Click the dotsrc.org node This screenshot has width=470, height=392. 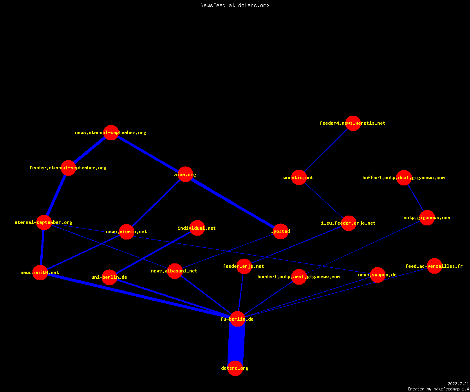pyautogui.click(x=235, y=368)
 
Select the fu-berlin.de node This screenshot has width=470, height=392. pyautogui.click(x=237, y=319)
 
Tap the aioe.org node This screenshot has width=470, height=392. pyautogui.click(x=185, y=174)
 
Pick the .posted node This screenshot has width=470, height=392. pyautogui.click(x=280, y=231)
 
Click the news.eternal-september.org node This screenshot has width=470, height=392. pyautogui.click(x=111, y=133)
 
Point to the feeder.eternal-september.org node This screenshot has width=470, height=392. pyautogui.click(x=68, y=168)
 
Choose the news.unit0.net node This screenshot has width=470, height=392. pyautogui.click(x=40, y=272)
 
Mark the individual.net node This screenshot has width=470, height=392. pyautogui.click(x=197, y=228)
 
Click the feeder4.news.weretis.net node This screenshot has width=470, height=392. pyautogui.click(x=353, y=123)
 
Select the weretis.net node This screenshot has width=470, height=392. pyautogui.click(x=299, y=178)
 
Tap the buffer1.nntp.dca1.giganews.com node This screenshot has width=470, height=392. pyautogui.click(x=404, y=178)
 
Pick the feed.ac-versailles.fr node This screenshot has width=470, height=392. pyautogui.click(x=434, y=266)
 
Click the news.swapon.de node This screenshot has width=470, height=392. pyautogui.click(x=378, y=275)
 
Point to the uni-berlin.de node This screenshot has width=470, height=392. pyautogui.click(x=109, y=277)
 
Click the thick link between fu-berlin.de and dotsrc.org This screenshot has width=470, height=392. pyautogui.click(x=236, y=343)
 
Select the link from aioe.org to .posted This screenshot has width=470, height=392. pyautogui.click(x=233, y=203)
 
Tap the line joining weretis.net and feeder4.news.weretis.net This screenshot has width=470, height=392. pyautogui.click(x=326, y=150)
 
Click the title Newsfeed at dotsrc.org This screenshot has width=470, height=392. pyautogui.click(x=235, y=5)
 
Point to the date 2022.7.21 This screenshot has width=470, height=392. pyautogui.click(x=458, y=384)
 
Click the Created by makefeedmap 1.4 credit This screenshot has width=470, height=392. pyautogui.click(x=438, y=389)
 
